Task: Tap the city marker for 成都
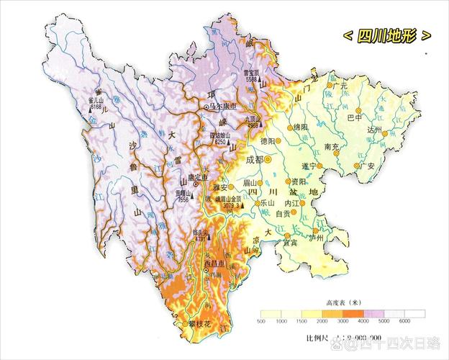pyautogui.click(x=268, y=158)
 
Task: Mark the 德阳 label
pyautogui.click(x=268, y=140)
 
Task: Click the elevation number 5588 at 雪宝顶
pyautogui.click(x=250, y=79)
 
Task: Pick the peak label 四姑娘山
pyautogui.click(x=222, y=135)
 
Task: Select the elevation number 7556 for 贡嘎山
pyautogui.click(x=183, y=200)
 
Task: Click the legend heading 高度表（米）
pyautogui.click(x=343, y=303)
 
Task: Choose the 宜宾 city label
pyautogui.click(x=290, y=243)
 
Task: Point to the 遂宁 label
pyautogui.click(x=310, y=166)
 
